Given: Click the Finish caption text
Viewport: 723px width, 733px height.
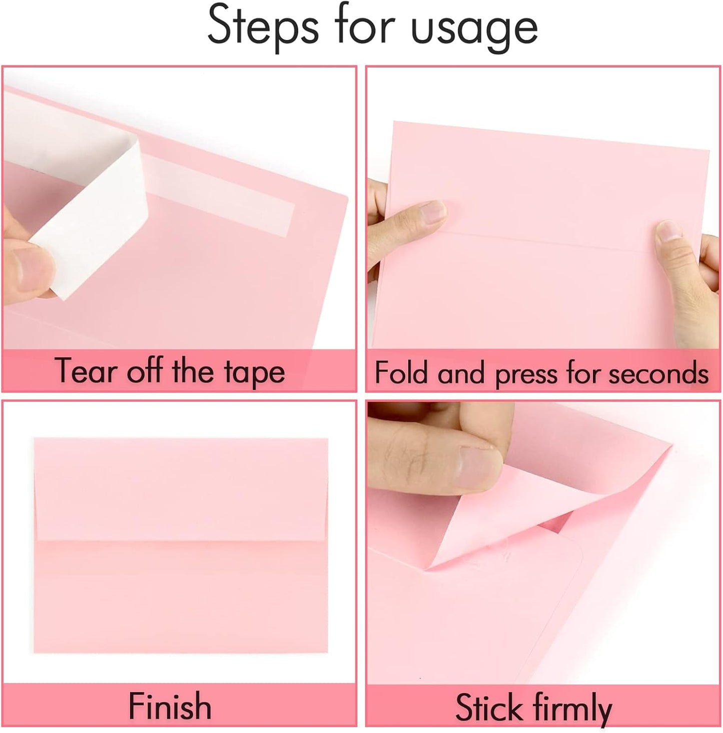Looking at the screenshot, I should [x=170, y=706].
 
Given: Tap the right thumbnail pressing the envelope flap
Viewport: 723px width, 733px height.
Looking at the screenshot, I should [x=669, y=233].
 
